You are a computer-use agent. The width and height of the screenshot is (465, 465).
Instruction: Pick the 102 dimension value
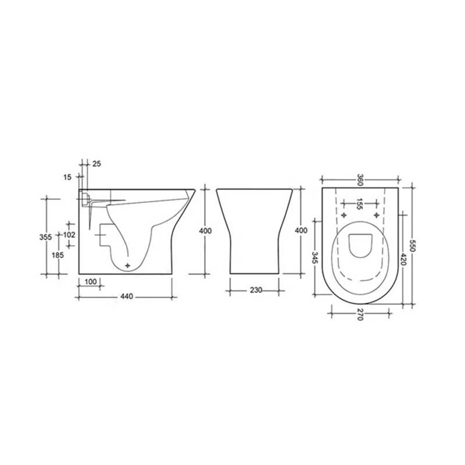click(x=69, y=234)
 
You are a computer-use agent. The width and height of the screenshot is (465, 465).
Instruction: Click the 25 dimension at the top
click(x=96, y=164)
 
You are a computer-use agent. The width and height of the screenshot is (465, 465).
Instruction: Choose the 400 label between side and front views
click(x=205, y=231)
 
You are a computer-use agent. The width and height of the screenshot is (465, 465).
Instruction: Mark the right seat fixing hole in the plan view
click(x=376, y=216)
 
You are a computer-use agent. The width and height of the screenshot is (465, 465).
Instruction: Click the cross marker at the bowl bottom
click(x=127, y=265)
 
